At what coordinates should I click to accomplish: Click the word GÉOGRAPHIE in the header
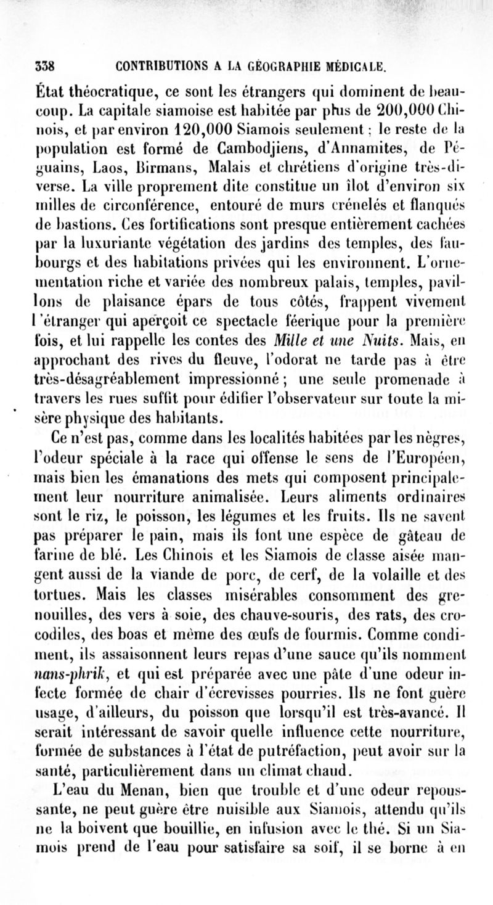coord(281,65)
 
